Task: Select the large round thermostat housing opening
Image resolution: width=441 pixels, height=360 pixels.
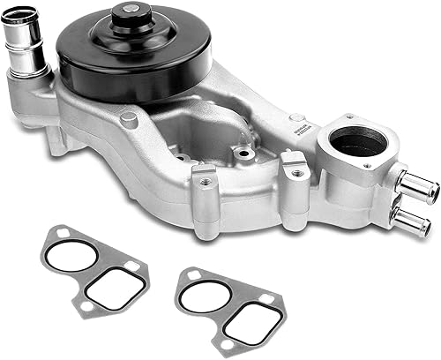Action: [356, 143]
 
